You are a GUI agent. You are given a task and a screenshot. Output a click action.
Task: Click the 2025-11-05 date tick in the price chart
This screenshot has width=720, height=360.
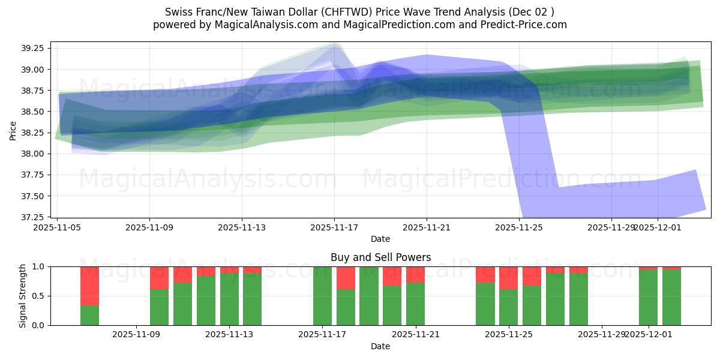click(57, 227)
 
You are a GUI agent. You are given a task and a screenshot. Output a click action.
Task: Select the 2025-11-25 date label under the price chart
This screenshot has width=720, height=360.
click(519, 227)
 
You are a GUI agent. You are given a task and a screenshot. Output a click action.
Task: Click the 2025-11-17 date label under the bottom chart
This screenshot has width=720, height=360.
click(322, 335)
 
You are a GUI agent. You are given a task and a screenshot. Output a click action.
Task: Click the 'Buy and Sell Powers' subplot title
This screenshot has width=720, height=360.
click(380, 258)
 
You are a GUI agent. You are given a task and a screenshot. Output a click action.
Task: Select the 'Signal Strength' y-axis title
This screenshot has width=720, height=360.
click(23, 296)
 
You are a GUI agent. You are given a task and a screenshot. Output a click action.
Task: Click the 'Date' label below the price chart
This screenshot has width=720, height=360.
click(380, 239)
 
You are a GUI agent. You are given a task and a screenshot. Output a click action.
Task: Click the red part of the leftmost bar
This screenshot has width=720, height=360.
click(89, 286)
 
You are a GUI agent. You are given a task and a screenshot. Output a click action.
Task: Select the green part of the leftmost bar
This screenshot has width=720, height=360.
click(89, 315)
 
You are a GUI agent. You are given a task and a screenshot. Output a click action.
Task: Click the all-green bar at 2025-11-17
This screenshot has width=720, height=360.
click(322, 296)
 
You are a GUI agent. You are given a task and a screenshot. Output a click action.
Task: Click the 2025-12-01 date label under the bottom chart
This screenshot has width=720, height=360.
click(648, 335)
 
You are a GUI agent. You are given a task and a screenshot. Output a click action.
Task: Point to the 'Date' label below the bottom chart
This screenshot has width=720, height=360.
click(380, 346)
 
